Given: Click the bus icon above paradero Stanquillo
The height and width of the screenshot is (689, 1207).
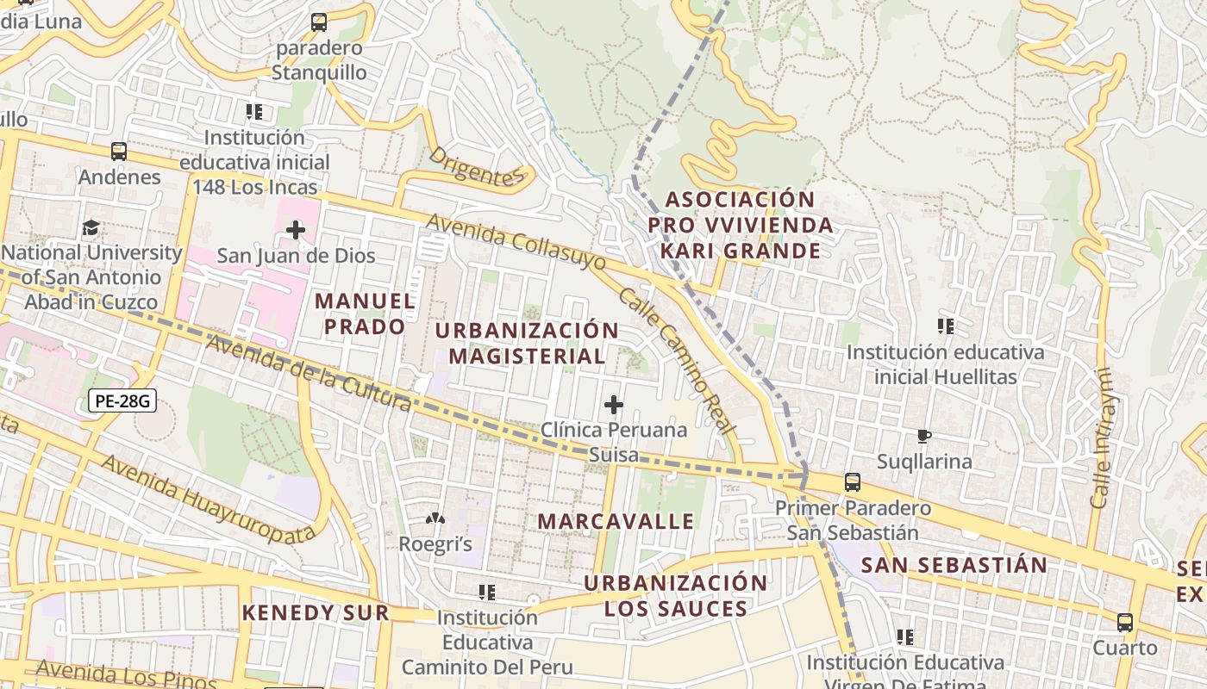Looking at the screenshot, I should point(319,22).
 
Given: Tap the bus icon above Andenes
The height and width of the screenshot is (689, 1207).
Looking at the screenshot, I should point(119,152).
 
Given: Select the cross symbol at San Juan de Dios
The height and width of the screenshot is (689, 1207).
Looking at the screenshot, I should point(296,230).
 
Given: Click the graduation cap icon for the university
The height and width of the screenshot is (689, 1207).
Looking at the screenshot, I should point(91,228).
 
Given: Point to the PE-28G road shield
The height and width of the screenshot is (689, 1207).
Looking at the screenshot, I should point(122,400).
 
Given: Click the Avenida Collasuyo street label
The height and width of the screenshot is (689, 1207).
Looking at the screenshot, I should point(516,244).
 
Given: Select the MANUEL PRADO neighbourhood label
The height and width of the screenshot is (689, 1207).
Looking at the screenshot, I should point(365,313).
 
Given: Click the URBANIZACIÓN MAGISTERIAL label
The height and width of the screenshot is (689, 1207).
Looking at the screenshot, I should point(527,343).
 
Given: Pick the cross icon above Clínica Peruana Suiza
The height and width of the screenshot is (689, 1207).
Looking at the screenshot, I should point(614,404).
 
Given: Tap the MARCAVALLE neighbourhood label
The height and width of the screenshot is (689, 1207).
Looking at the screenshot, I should point(616,521).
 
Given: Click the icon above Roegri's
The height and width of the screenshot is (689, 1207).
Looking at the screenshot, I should point(435,519).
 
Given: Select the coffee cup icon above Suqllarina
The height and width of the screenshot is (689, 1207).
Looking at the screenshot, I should point(924,436).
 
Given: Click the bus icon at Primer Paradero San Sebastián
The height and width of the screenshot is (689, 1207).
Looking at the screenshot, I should point(853,482).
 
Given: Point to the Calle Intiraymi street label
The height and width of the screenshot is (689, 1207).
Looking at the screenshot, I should point(1101,438).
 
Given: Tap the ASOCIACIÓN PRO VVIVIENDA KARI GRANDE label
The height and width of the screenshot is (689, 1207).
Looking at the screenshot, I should point(741,225).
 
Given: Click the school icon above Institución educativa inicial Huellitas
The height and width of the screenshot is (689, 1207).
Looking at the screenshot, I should point(946,326).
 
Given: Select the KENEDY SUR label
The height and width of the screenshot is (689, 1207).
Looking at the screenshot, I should point(316,613).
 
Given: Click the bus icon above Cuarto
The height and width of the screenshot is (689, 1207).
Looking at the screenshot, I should point(1125,623).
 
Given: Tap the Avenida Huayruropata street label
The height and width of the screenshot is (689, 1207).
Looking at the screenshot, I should point(208,499).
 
